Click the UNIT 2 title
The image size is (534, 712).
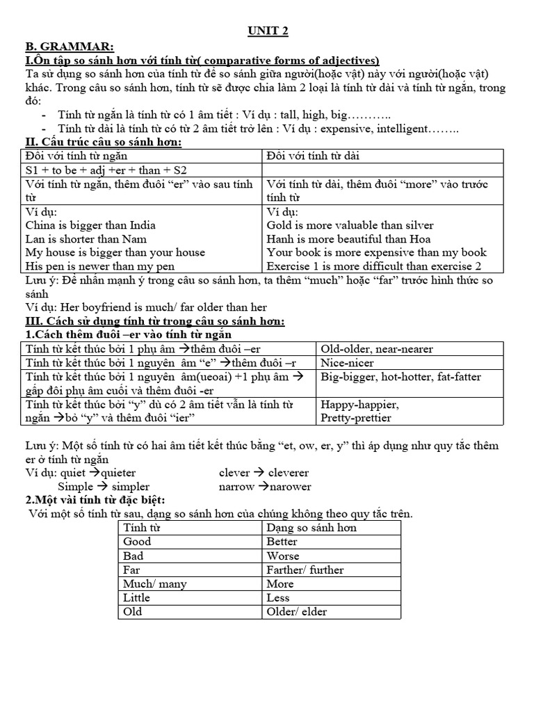coord(268,31)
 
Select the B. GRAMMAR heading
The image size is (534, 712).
coord(66,46)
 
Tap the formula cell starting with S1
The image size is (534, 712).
coord(106,170)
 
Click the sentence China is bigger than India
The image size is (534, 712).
coord(90,225)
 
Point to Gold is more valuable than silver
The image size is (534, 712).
coord(350,225)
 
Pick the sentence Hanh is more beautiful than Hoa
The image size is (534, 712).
coord(348,238)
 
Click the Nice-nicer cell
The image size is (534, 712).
coord(347,363)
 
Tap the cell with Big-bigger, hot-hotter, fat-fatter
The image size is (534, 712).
coord(400,377)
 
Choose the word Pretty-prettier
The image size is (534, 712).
coord(355,418)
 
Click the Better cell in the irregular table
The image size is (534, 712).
coord(282,542)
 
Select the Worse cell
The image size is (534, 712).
coord(283,556)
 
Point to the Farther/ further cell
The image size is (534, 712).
coord(305,569)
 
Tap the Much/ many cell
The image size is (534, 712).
coord(154,584)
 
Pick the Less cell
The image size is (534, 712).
coord(278,598)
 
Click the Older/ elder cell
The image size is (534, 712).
coord(296,612)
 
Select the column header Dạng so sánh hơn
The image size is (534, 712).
coord(311,528)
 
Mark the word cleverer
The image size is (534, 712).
coord(284,473)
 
